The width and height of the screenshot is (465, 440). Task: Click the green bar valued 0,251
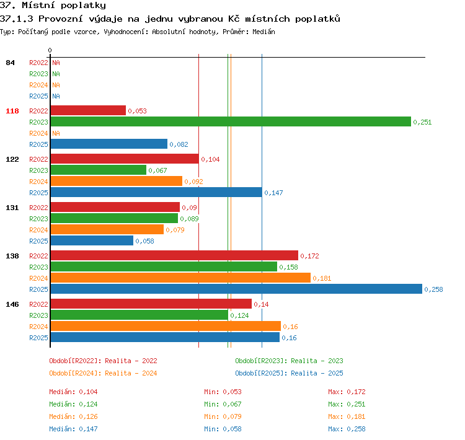(231, 121)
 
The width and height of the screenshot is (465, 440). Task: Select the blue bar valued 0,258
(236, 289)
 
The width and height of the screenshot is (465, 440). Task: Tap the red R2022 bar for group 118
(88, 110)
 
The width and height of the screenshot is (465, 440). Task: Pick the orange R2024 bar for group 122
(117, 181)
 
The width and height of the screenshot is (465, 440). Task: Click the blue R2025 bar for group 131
(92, 240)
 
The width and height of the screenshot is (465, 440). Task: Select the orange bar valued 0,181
(180, 278)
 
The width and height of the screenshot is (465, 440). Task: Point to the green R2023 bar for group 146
(139, 315)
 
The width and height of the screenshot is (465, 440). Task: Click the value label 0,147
(273, 193)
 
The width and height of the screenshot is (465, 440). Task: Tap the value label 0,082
(179, 144)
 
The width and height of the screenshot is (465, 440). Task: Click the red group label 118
(12, 111)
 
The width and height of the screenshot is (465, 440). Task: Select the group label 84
(10, 63)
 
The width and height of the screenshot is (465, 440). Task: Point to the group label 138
(12, 256)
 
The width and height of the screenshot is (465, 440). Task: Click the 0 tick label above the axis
(50, 50)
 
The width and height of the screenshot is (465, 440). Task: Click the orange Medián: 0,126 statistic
(73, 416)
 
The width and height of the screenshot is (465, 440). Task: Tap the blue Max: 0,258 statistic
(347, 429)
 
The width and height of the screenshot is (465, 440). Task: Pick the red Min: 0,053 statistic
(223, 392)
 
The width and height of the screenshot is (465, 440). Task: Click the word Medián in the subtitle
(263, 32)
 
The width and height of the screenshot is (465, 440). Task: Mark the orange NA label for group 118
(56, 133)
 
